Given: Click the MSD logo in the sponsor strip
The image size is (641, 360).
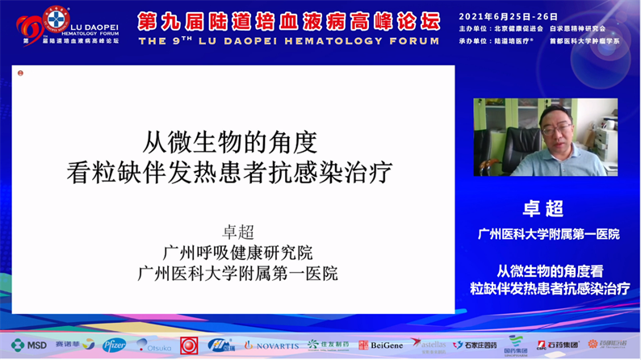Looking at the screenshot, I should click(29, 345).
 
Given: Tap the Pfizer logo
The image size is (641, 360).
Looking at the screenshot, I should click(114, 345).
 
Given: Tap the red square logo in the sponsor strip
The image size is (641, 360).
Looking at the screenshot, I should click(189, 345).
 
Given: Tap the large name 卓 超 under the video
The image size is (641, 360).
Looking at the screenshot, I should click(544, 209).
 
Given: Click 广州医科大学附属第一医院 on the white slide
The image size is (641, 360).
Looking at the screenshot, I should click(237, 273).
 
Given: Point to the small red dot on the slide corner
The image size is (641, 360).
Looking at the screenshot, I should click(20, 73).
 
